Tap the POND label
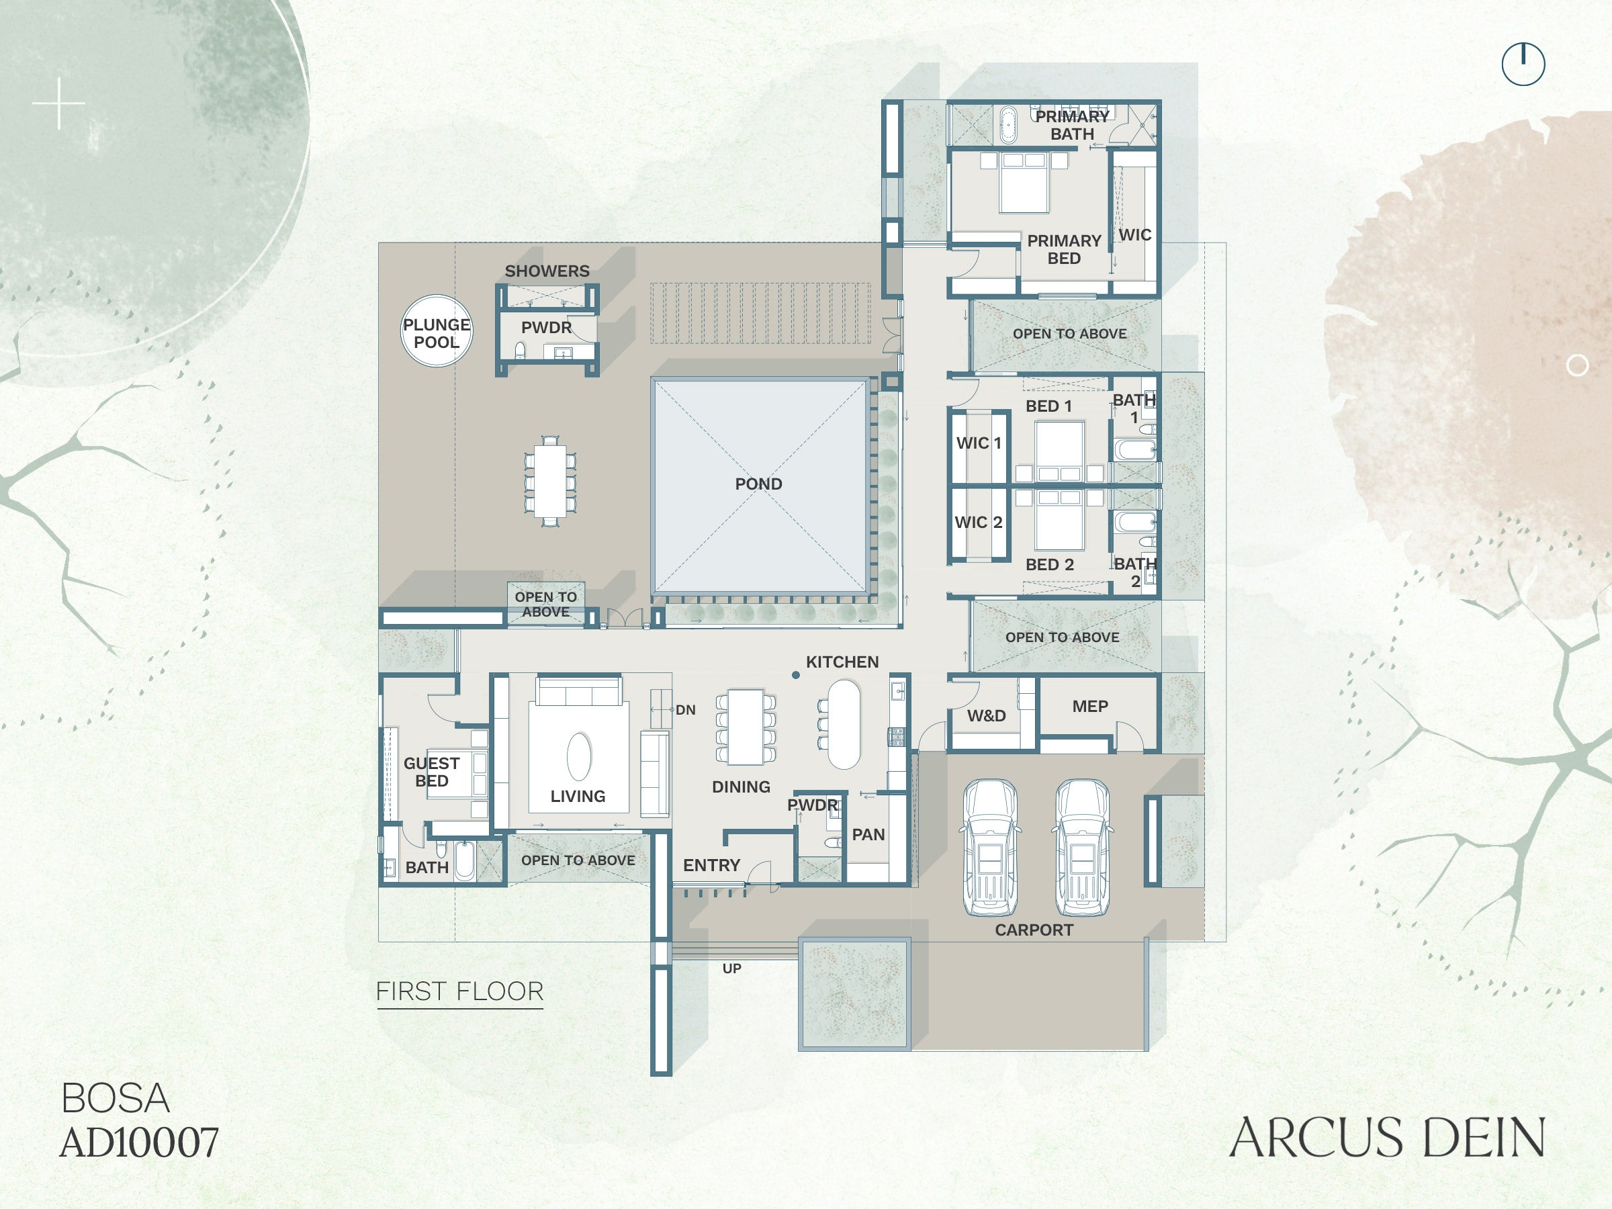(x=758, y=484)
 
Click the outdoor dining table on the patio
(x=550, y=481)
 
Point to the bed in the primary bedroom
(x=1024, y=182)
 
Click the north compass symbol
(x=1523, y=64)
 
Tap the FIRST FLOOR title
(x=460, y=991)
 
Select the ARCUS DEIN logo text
(x=1387, y=1137)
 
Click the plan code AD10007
(x=139, y=1142)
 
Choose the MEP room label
(x=1089, y=706)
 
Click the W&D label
(x=986, y=715)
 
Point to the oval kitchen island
(x=844, y=723)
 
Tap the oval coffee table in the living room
(x=580, y=756)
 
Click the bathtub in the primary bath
(x=1008, y=126)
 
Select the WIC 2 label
(x=978, y=523)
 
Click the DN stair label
(x=685, y=710)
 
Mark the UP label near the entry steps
(x=731, y=969)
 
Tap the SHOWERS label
(x=547, y=271)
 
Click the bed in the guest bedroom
(x=457, y=774)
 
